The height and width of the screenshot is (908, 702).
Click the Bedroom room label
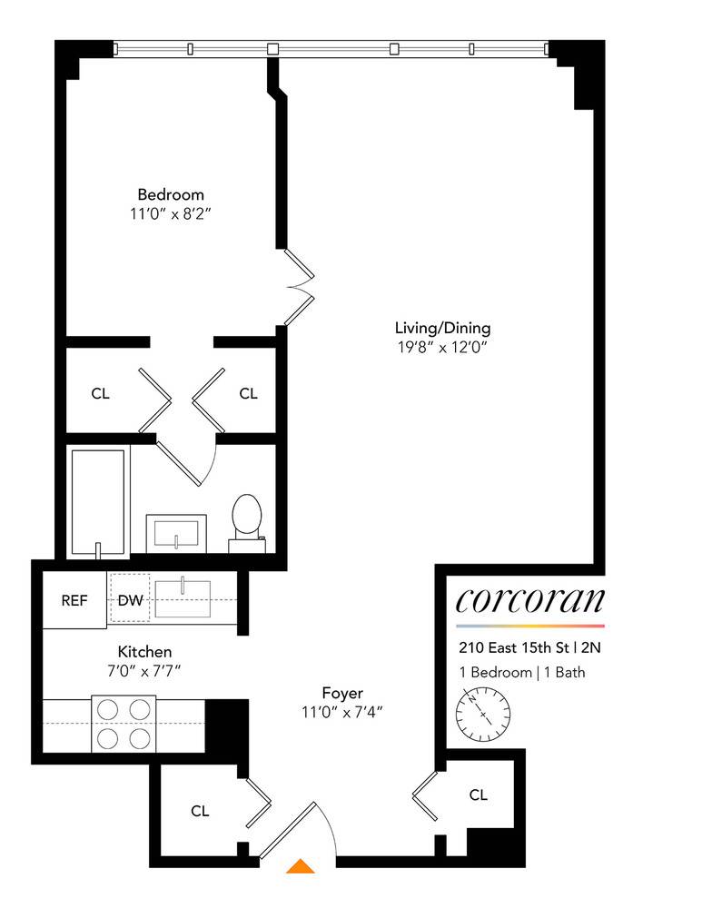[x=171, y=194]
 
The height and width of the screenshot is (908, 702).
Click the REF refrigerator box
[x=74, y=600]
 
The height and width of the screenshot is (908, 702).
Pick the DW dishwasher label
[x=130, y=600]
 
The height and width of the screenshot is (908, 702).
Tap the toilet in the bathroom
[x=245, y=520]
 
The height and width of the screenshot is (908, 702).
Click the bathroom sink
[x=176, y=530]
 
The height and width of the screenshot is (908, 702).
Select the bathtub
[x=98, y=499]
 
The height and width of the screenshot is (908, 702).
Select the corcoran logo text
[x=529, y=600]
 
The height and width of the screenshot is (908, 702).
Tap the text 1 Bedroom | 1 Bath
[x=522, y=673]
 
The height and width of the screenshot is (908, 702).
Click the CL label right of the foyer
[x=479, y=795]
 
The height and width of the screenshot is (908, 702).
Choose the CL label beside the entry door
[x=200, y=811]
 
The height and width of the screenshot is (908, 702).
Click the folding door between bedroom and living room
[x=300, y=286]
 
